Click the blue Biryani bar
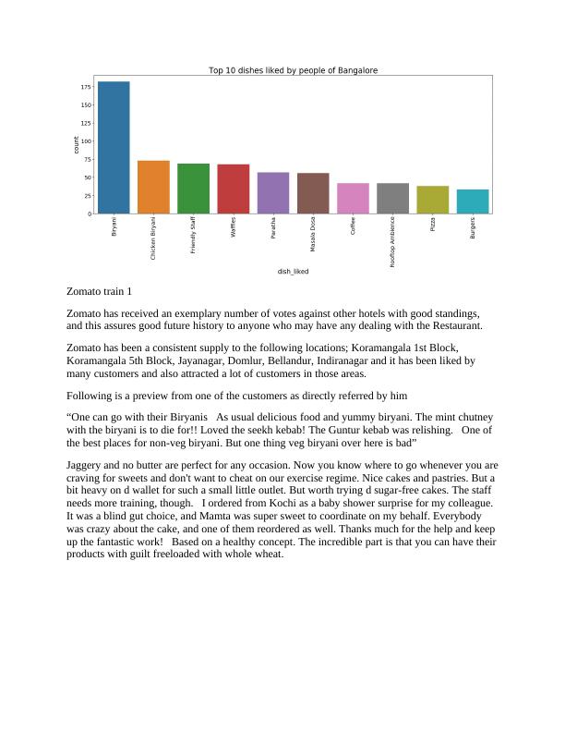point(114,148)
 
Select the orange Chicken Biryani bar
point(153,188)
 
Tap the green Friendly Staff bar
point(193,189)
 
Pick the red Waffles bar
point(233,189)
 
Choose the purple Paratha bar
point(272,193)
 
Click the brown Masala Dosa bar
point(313,193)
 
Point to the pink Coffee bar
point(353,199)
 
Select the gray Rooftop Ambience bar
point(392,199)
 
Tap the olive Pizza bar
point(432,200)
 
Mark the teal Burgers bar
point(473,201)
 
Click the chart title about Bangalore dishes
point(293,70)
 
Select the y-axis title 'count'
point(76,145)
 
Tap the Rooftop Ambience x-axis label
point(392,242)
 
